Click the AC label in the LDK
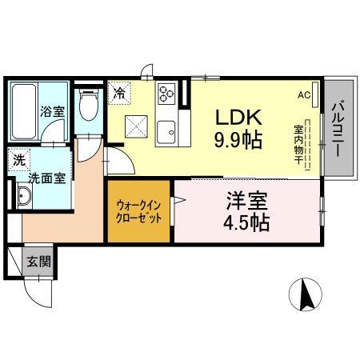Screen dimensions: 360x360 305,94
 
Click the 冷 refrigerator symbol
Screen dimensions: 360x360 119,94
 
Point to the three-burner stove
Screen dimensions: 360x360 166,95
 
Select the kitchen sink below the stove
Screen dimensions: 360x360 166,131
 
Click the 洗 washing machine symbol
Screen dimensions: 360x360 18,160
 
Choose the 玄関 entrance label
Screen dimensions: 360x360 37,260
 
